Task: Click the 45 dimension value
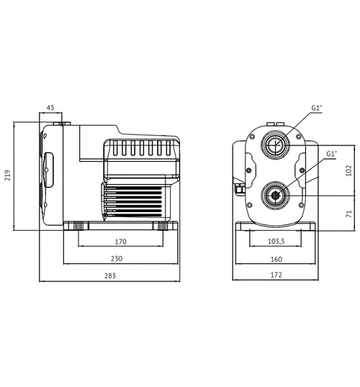click(x=50, y=108)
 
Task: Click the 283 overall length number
click(x=109, y=276)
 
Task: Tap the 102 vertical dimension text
click(x=348, y=170)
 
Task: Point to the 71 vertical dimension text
click(x=348, y=213)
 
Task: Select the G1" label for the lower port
click(x=331, y=153)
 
